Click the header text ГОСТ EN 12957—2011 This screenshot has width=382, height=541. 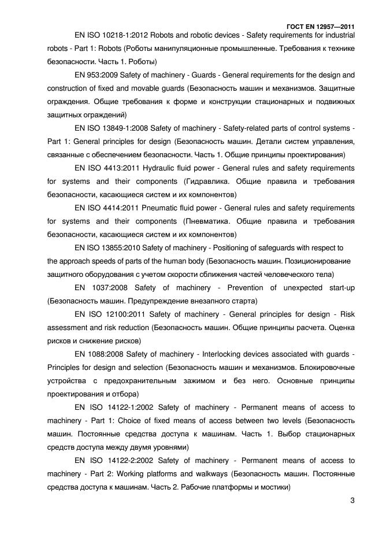click(320, 26)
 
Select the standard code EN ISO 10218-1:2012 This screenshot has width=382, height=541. click(112, 35)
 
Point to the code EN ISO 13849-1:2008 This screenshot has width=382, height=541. click(112, 128)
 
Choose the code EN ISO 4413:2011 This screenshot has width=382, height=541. click(107, 168)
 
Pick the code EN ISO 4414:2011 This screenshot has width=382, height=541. click(107, 207)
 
